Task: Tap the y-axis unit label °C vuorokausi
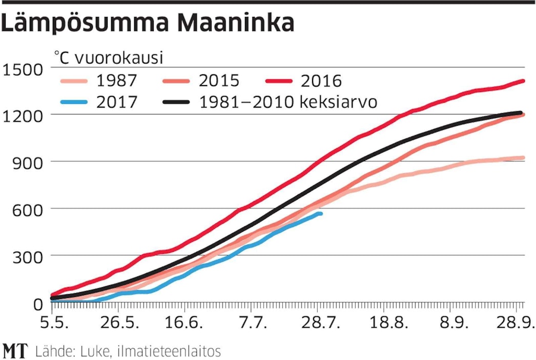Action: [x=109, y=58]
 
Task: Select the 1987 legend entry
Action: [x=98, y=81]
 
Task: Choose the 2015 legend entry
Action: [x=200, y=81]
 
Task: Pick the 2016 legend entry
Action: [x=303, y=81]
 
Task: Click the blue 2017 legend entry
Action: [x=98, y=102]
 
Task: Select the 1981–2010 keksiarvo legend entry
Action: [x=270, y=102]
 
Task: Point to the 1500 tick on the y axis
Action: [x=24, y=68]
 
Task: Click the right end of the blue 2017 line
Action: [x=321, y=213]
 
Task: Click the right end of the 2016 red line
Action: [x=523, y=81]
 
